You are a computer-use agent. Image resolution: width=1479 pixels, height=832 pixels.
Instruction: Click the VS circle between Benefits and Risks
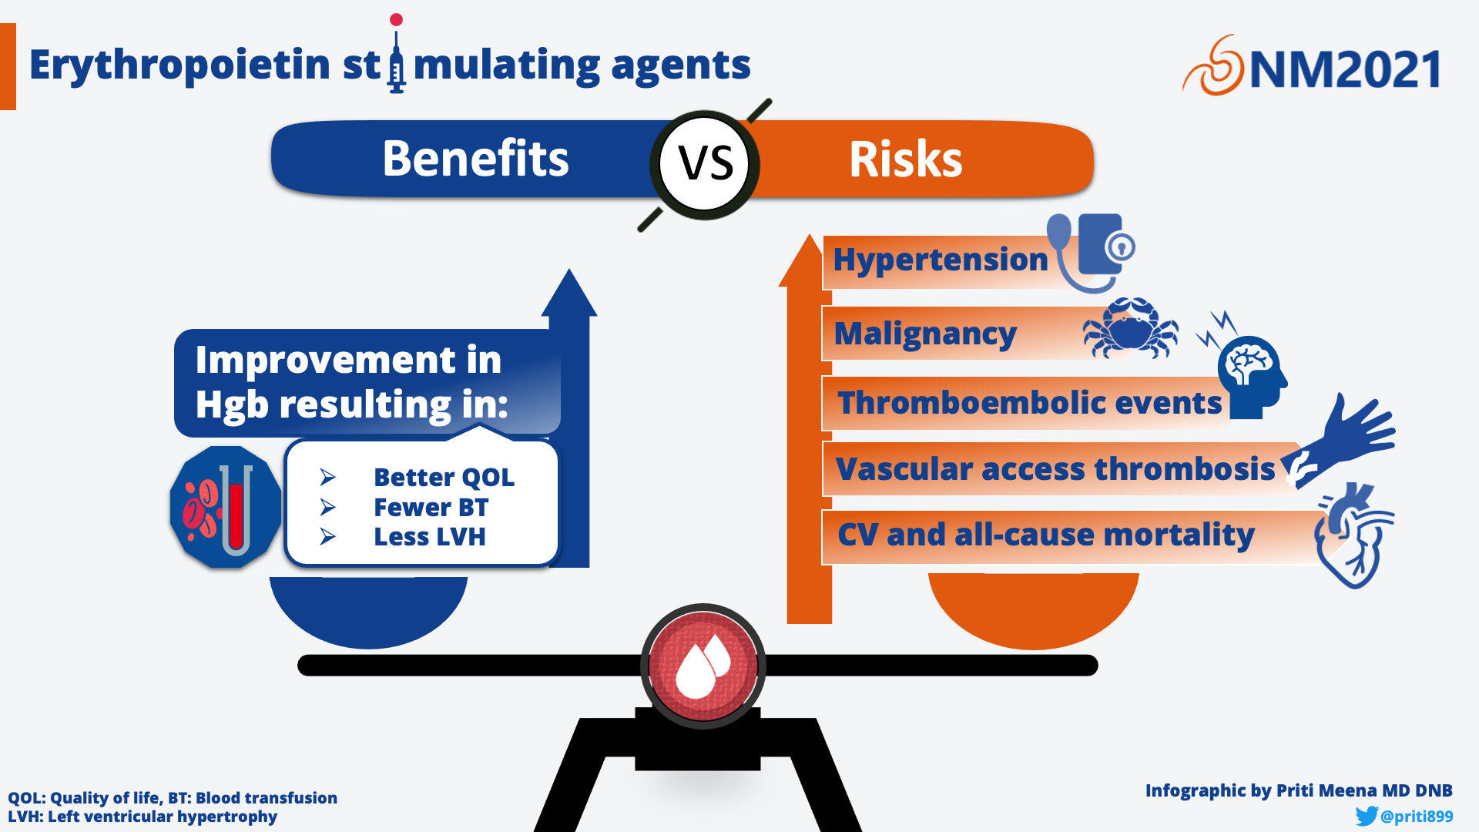pyautogui.click(x=704, y=164)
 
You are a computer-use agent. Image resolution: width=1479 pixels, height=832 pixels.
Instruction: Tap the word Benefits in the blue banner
pyautogui.click(x=475, y=159)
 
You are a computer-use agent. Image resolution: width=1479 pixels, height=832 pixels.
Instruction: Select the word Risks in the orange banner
pyautogui.click(x=905, y=159)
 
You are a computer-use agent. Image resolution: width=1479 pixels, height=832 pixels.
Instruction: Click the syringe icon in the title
pyautogui.click(x=397, y=53)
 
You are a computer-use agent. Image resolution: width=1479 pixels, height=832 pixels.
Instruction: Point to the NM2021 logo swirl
pyautogui.click(x=1213, y=66)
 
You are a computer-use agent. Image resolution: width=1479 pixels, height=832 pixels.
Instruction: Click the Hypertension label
pyautogui.click(x=941, y=260)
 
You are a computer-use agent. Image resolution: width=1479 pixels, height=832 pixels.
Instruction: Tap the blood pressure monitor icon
pyautogui.click(x=1092, y=253)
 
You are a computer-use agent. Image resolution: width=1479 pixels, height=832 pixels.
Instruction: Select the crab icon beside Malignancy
pyautogui.click(x=1130, y=328)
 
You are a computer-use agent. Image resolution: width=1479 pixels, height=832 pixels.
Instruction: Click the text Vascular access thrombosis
pyautogui.click(x=1055, y=469)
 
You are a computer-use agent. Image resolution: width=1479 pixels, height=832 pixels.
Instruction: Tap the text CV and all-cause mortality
pyautogui.click(x=1046, y=535)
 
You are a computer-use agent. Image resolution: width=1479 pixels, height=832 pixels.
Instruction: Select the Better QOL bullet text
pyautogui.click(x=444, y=478)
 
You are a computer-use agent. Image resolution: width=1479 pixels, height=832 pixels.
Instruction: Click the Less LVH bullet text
pyautogui.click(x=430, y=537)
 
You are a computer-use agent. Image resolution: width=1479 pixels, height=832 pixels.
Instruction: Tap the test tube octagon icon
pyautogui.click(x=226, y=507)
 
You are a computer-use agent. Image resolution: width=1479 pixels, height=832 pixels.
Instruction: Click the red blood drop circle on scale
pyautogui.click(x=703, y=666)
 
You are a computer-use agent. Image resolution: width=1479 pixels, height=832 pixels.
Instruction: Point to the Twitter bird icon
pyautogui.click(x=1367, y=816)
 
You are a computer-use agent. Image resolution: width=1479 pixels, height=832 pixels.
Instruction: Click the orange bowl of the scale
pyautogui.click(x=1033, y=609)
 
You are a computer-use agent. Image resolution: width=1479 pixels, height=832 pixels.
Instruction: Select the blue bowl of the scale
pyautogui.click(x=368, y=610)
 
